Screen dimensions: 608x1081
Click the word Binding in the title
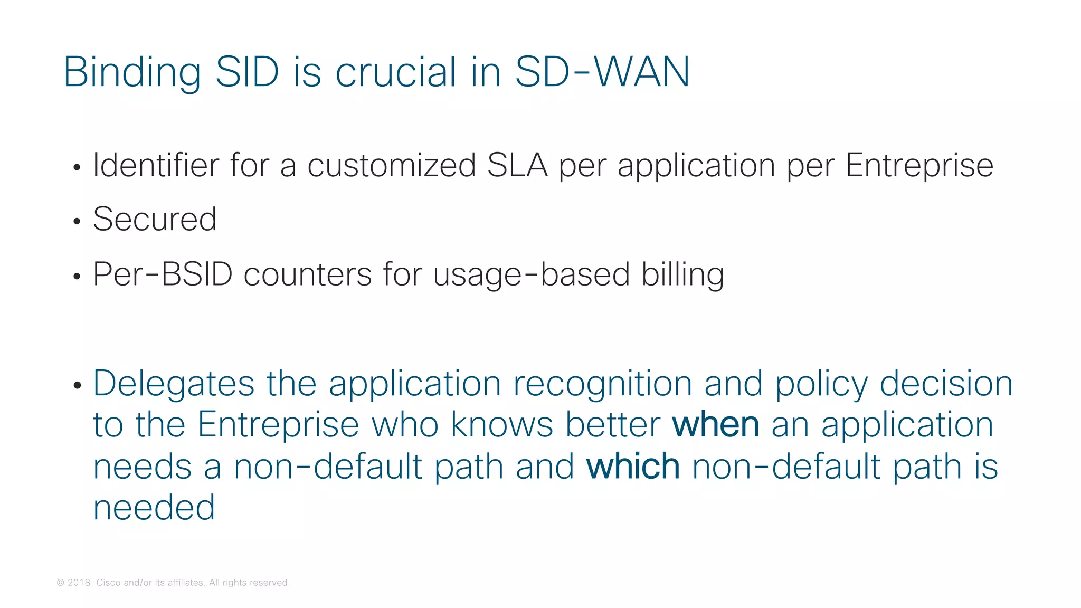(x=132, y=72)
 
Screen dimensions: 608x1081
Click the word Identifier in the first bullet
(x=156, y=165)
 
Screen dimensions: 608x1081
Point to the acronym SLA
(x=517, y=165)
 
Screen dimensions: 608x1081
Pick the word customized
(x=392, y=165)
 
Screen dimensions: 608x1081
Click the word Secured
(x=155, y=219)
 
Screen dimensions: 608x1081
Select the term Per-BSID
(x=163, y=274)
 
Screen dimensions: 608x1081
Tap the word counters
(x=308, y=274)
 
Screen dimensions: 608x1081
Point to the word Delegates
(x=174, y=384)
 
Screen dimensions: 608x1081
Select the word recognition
(x=602, y=384)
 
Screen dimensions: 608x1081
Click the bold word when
(x=715, y=425)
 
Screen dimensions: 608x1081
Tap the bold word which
(x=633, y=467)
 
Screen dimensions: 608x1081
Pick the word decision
(x=946, y=384)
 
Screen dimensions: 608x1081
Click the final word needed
(x=154, y=508)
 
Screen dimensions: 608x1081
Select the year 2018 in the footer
(x=79, y=583)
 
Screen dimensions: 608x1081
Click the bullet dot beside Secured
(x=77, y=222)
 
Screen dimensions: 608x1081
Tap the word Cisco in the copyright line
(x=108, y=583)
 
